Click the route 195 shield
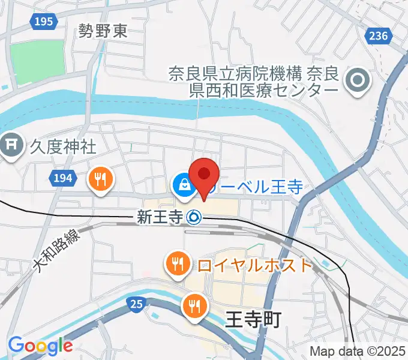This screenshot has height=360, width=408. tap(43, 22)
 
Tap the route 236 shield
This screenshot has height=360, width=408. tap(378, 37)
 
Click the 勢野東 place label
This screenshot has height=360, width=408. tap(103, 31)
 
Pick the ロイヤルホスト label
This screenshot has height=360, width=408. tap(254, 265)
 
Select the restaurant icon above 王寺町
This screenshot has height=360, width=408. tap(194, 305)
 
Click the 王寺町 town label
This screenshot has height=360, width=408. tap(253, 320)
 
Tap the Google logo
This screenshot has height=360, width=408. tap(40, 346)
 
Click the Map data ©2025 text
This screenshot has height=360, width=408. tap(358, 351)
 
